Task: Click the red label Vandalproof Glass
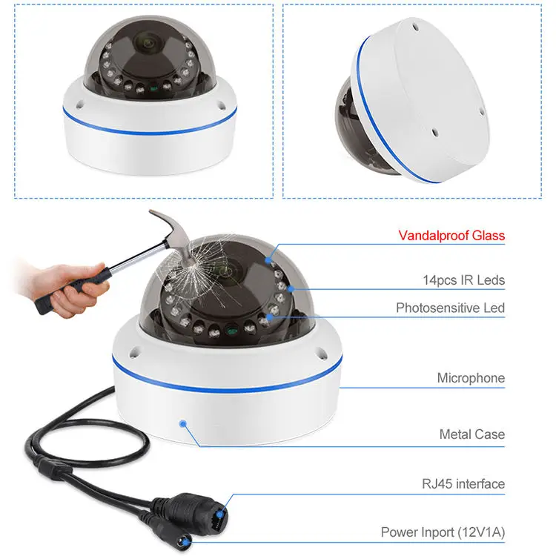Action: click(x=451, y=236)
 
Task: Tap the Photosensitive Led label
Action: click(x=450, y=308)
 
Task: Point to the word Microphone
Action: click(x=471, y=378)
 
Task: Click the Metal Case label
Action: click(x=472, y=434)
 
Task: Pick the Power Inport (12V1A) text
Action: click(x=443, y=532)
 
